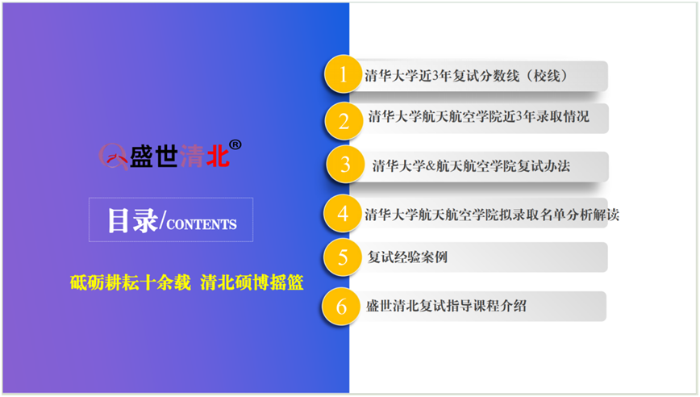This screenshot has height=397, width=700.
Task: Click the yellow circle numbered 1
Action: tap(343, 74)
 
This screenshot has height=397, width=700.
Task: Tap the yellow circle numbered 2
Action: tap(344, 121)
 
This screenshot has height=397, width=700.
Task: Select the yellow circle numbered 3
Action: tap(345, 165)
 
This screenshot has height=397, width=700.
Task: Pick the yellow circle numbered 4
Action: tap(343, 214)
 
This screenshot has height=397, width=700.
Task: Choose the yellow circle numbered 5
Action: tap(343, 257)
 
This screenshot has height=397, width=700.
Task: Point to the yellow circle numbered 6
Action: tap(341, 307)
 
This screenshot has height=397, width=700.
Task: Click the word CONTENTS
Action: tap(202, 224)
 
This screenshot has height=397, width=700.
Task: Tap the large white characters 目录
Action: tap(132, 220)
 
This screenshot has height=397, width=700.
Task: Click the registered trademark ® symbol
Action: tap(235, 144)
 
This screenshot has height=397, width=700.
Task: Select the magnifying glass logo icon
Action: tap(114, 157)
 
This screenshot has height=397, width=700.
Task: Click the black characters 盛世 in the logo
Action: tap(153, 157)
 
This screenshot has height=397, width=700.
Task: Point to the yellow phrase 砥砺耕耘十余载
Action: tap(131, 282)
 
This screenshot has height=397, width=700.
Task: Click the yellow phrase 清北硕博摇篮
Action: tap(252, 282)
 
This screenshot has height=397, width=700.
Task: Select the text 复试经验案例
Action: tap(407, 257)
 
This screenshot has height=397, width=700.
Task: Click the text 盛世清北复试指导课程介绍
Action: tap(446, 307)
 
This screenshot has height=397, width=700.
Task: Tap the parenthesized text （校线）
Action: tap(547, 76)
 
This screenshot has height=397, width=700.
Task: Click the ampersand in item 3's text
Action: tap(431, 166)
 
